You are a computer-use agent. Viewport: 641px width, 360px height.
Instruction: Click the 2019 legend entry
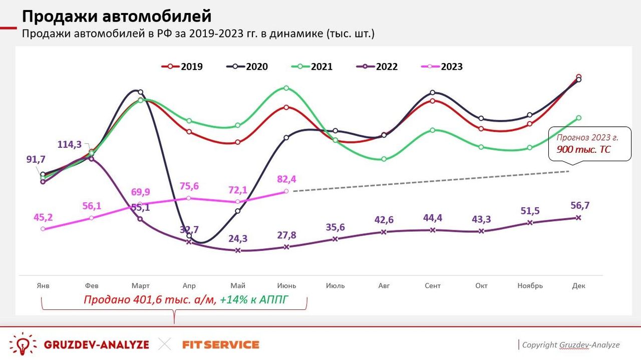pyautogui.click(x=182, y=67)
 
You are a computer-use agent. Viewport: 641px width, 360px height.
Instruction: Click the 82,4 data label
pyautogui.click(x=286, y=179)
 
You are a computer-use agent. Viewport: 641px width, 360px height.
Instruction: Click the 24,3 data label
pyautogui.click(x=238, y=239)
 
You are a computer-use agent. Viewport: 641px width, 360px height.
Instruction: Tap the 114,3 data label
pyautogui.click(x=70, y=144)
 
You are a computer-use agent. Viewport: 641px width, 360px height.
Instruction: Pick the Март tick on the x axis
pyautogui.click(x=140, y=286)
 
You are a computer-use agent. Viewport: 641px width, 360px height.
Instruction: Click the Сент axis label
pyautogui.click(x=433, y=286)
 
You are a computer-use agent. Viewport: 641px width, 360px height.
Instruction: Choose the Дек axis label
pyautogui.click(x=578, y=286)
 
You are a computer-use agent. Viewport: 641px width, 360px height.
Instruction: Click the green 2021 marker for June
pyautogui.click(x=286, y=88)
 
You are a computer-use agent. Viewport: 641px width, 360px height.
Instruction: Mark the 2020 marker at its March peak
pyautogui.click(x=140, y=92)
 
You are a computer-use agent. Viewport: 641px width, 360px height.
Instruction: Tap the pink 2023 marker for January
pyautogui.click(x=43, y=229)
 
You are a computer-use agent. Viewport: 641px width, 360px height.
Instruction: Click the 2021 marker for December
pyautogui.click(x=578, y=118)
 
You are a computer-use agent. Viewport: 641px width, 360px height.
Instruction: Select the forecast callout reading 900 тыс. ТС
pyautogui.click(x=589, y=144)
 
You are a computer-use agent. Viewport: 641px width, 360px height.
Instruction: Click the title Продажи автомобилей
pyautogui.click(x=117, y=17)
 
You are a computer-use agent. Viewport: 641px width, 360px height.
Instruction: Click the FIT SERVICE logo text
pyautogui.click(x=221, y=344)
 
